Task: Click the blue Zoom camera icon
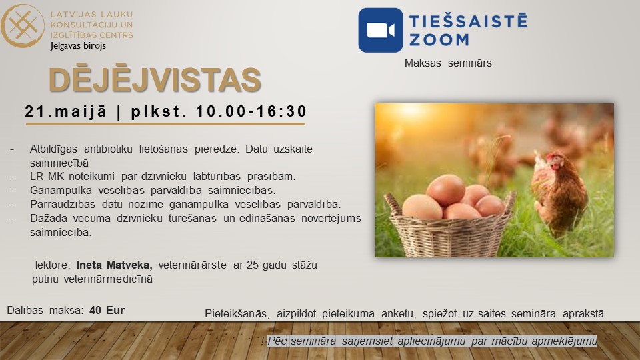tap(381, 30)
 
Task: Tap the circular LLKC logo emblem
tap(22, 26)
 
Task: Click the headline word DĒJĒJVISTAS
tap(155, 80)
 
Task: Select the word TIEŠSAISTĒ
tap(468, 21)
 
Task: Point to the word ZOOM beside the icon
tap(439, 40)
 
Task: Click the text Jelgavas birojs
tap(78, 46)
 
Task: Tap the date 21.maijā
tap(66, 111)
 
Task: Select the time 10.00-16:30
tap(251, 111)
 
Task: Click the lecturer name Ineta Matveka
tap(114, 265)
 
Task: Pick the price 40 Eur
tap(107, 310)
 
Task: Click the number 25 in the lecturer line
tap(253, 265)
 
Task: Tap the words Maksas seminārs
tap(448, 63)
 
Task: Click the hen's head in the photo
tap(554, 161)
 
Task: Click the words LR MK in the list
tap(46, 176)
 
